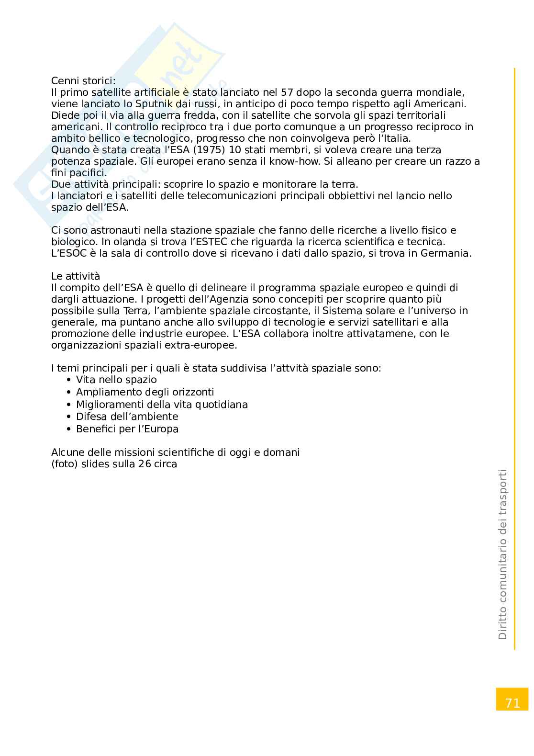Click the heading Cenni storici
83,80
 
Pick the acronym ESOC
65,254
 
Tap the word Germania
445,254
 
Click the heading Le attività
76,276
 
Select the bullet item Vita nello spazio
116,380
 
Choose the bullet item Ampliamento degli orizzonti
145,392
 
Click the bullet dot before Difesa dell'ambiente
69,417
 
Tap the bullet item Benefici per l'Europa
127,429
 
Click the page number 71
512,703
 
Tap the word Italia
395,138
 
